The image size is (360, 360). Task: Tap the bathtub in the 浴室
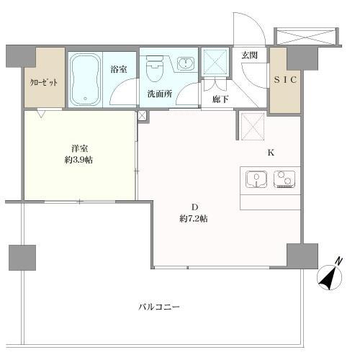[x=85, y=78]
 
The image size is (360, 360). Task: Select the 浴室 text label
[x=119, y=71]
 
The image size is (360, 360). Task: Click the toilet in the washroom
[x=153, y=71]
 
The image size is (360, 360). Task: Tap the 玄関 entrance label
[x=250, y=55]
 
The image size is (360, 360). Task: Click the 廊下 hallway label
[x=220, y=99]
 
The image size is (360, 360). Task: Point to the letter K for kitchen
[x=271, y=153]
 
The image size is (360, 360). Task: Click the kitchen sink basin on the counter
[x=256, y=179]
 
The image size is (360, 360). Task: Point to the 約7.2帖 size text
[x=194, y=219]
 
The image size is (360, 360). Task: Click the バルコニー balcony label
[x=159, y=307]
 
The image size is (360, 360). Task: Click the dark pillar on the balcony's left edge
[x=22, y=256]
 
